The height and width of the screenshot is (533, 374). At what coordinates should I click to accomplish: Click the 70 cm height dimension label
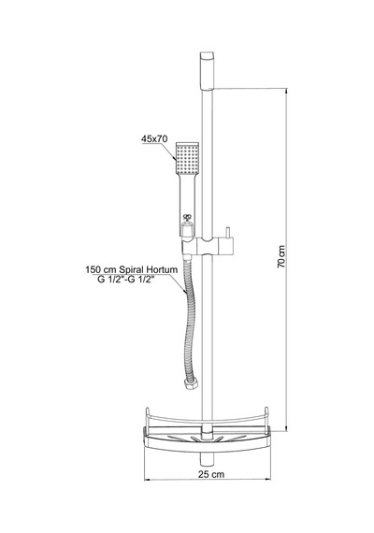(x=281, y=256)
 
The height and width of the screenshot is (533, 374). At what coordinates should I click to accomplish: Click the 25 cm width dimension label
(x=211, y=474)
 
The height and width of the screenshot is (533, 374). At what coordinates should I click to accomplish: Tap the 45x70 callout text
(x=154, y=139)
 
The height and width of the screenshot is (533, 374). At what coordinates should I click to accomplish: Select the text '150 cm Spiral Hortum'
(x=132, y=270)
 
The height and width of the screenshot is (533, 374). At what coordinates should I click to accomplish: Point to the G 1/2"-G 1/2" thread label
(x=126, y=280)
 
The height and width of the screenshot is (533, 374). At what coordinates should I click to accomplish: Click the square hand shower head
(x=187, y=157)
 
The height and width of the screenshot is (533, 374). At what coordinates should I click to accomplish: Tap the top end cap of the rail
(x=208, y=70)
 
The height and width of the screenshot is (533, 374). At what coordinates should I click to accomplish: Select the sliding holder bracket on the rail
(x=209, y=246)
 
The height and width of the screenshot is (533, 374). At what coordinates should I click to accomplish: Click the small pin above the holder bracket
(x=226, y=233)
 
